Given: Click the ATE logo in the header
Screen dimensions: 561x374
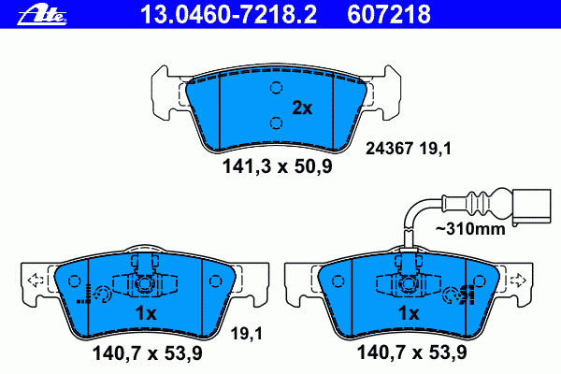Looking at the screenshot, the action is pos(42,15).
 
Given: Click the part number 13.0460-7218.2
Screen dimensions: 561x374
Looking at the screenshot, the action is pos(229,14).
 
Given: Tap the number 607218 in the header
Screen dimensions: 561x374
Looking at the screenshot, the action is pos(389,14).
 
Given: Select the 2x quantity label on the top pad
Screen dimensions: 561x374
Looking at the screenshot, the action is pos(302,108).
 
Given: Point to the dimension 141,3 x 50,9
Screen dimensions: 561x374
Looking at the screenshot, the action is pos(278,166).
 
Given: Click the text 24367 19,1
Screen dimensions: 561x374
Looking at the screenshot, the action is pos(409,148).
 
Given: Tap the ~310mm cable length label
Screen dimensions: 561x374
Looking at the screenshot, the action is pos(470,228).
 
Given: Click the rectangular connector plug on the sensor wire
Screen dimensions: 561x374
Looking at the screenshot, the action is pos(532,208).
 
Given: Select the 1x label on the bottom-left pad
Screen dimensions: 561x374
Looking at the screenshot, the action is pos(146,313).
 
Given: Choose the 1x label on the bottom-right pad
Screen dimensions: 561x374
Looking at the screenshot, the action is pos(409,313).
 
